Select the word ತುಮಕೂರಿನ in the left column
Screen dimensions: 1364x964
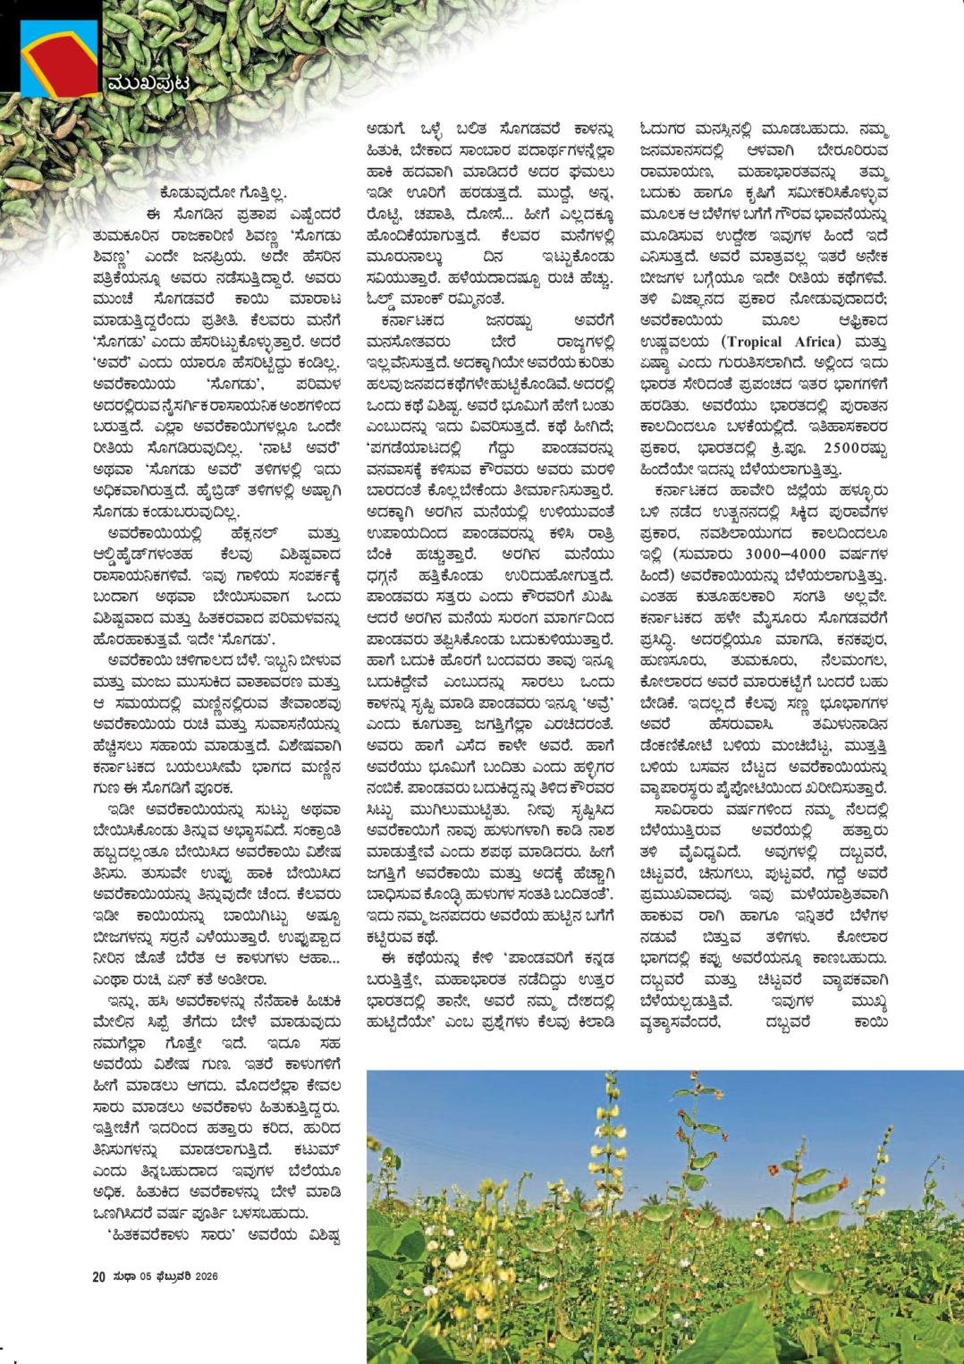(x=137, y=233)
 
